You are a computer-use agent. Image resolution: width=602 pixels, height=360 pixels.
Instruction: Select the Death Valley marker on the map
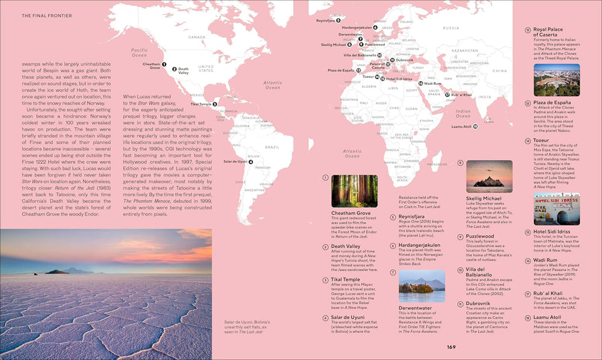pos(174,69)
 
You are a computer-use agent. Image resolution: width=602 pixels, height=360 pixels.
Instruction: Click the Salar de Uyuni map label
pos(235,161)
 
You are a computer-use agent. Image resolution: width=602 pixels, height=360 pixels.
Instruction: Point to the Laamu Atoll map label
pos(461,126)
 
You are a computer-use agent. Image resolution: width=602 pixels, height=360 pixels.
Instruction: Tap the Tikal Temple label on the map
pos(201,104)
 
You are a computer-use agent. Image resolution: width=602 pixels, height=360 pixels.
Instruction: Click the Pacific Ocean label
pos(139,52)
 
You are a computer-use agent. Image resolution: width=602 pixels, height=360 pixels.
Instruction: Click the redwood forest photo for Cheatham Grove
pos(355,191)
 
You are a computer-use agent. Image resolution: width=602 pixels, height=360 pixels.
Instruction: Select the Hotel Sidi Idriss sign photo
pos(556,209)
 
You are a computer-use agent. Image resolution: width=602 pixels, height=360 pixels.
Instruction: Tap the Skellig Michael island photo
pos(489,176)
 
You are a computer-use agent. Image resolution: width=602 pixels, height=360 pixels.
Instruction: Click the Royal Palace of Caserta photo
pos(556,80)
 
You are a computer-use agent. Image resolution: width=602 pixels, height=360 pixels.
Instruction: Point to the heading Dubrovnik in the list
pos(479,304)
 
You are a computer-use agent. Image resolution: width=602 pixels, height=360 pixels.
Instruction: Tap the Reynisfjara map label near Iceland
pos(325,20)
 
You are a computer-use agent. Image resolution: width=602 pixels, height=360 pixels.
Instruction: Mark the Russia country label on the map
pos(451,28)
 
